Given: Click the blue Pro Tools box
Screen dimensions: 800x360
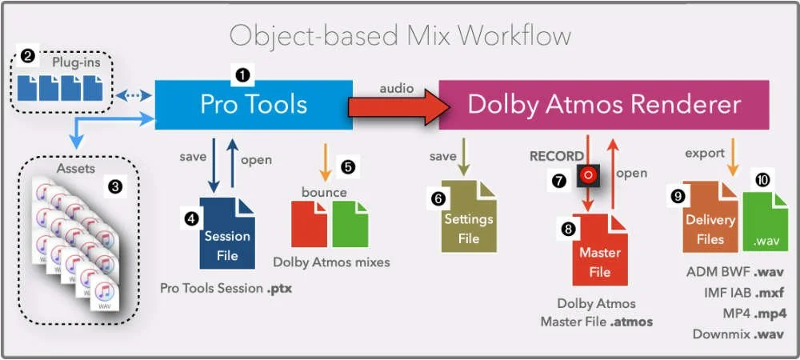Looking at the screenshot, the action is (253, 105).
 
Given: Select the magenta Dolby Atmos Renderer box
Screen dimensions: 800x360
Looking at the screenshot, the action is (604, 105).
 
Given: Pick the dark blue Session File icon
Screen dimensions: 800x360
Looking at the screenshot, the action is (228, 236).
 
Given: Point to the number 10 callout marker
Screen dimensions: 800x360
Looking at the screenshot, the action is (762, 181).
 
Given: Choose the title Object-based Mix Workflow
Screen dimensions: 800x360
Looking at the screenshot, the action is (400, 35).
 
